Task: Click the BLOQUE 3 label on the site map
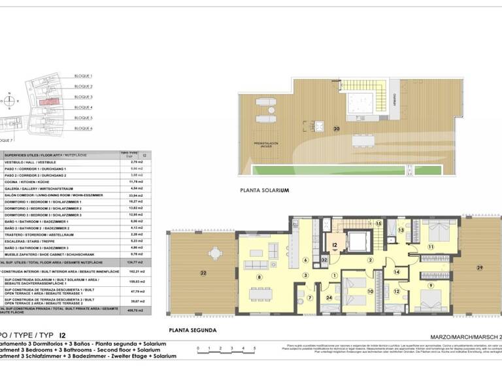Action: tap(83, 97)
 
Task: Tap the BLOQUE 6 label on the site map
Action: tap(83, 128)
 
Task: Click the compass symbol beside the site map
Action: tap(10, 101)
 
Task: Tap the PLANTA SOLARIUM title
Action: tap(264, 190)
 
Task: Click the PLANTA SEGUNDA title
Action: tap(192, 330)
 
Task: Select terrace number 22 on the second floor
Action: tap(203, 272)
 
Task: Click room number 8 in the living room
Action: tap(259, 277)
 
